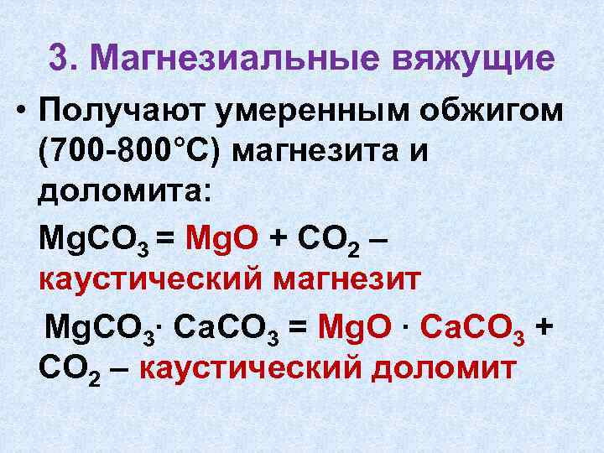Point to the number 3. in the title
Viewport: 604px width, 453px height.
[x=67, y=58]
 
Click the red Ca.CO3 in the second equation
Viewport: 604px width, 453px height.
[x=473, y=324]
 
